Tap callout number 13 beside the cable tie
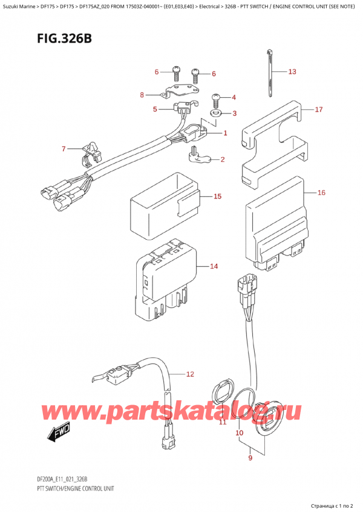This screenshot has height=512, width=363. pyautogui.click(x=292, y=72)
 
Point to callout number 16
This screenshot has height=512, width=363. pyautogui.click(x=321, y=193)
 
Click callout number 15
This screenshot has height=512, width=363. pyautogui.click(x=217, y=196)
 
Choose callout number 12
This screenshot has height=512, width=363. pyautogui.click(x=190, y=374)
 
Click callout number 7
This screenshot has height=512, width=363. pyautogui.click(x=63, y=149)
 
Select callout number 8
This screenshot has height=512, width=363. pyautogui.click(x=142, y=95)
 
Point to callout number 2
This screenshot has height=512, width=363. pyautogui.click(x=223, y=159)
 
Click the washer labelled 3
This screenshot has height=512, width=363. pyautogui.click(x=215, y=113)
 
